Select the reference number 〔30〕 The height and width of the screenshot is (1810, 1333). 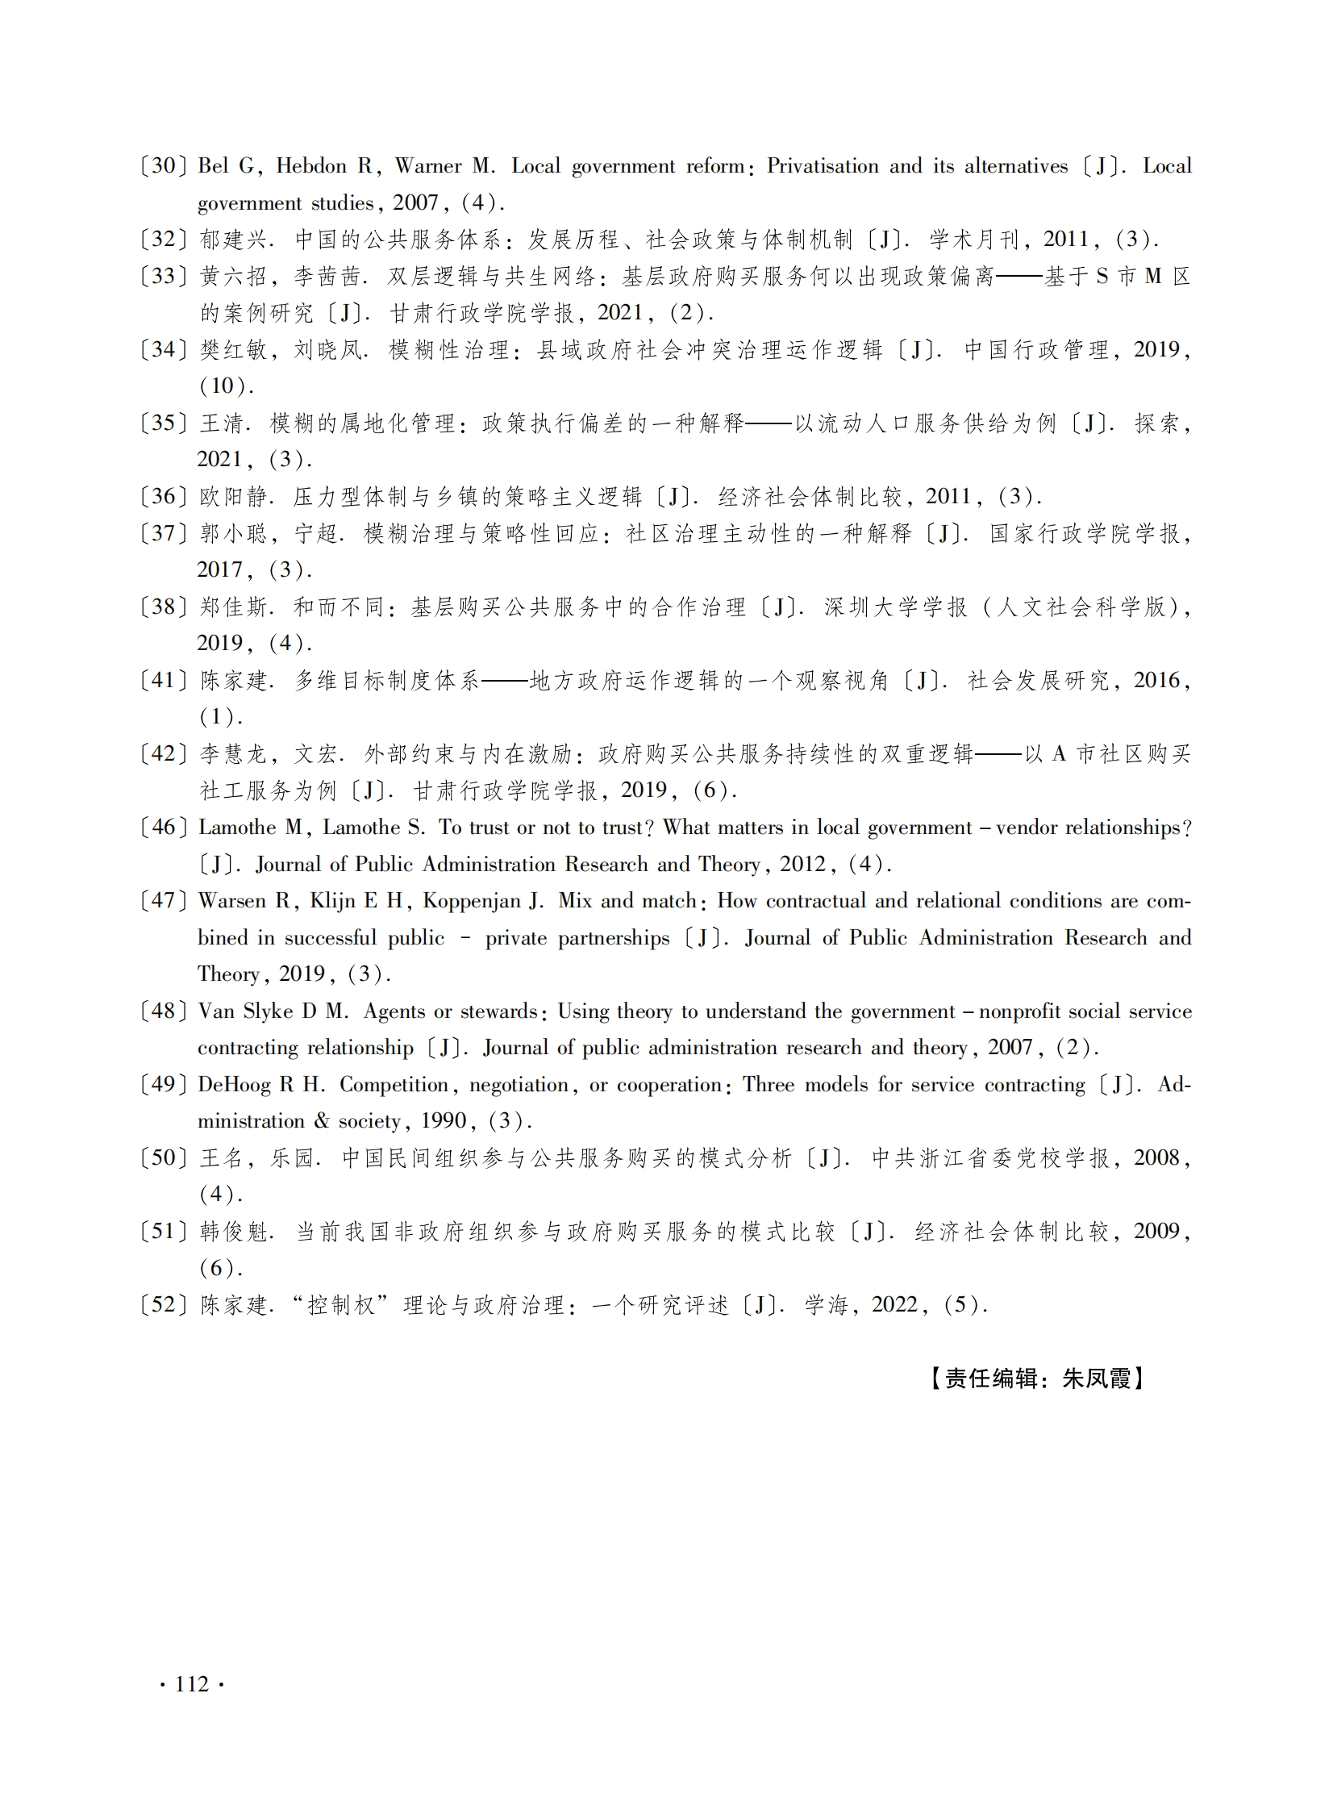pyautogui.click(x=163, y=166)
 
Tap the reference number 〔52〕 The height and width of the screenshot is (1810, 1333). pyautogui.click(x=163, y=1305)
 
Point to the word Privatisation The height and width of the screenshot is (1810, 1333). pyautogui.click(x=822, y=166)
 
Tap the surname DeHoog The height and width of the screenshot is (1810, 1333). pyautogui.click(x=234, y=1085)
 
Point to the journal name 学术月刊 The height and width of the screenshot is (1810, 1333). pyautogui.click(x=974, y=240)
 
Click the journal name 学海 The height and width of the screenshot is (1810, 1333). pyautogui.click(x=827, y=1305)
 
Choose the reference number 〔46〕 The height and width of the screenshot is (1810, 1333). pyautogui.click(x=163, y=827)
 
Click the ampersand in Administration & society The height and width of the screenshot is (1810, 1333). pyautogui.click(x=322, y=1121)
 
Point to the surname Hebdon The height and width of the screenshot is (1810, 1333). pyautogui.click(x=314, y=166)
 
